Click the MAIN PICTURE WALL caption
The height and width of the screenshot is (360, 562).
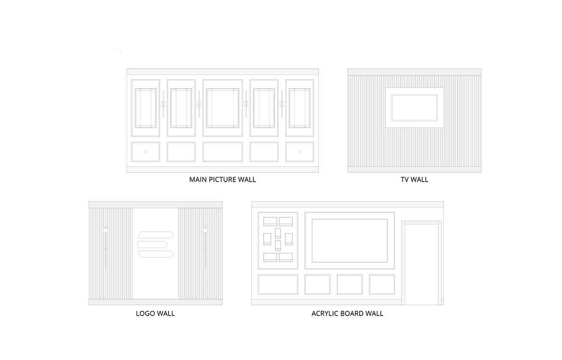222,180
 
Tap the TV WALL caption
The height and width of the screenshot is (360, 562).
414,180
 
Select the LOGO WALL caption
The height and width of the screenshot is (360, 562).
155,313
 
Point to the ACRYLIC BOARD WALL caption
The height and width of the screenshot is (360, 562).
347,313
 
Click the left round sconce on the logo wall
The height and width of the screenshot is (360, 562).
106,230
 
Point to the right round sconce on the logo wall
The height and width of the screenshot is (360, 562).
205,230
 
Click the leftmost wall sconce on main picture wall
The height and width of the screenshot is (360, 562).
163,104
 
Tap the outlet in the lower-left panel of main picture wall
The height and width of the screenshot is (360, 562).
146,152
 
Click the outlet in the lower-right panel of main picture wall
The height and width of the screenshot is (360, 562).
299,152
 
